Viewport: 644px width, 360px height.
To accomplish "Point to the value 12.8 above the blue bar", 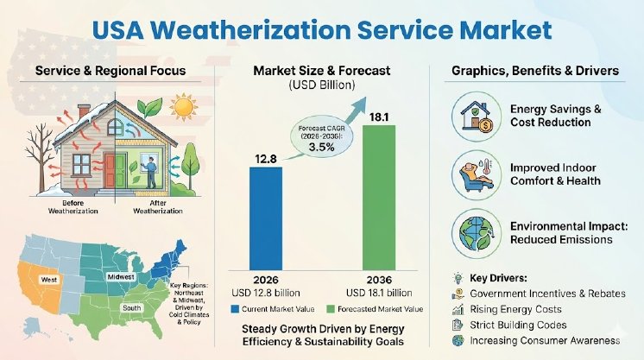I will click(x=265, y=157).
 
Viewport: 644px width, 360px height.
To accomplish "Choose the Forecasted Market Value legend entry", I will click(x=372, y=307).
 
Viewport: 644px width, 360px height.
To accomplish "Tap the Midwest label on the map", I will click(x=121, y=277).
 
